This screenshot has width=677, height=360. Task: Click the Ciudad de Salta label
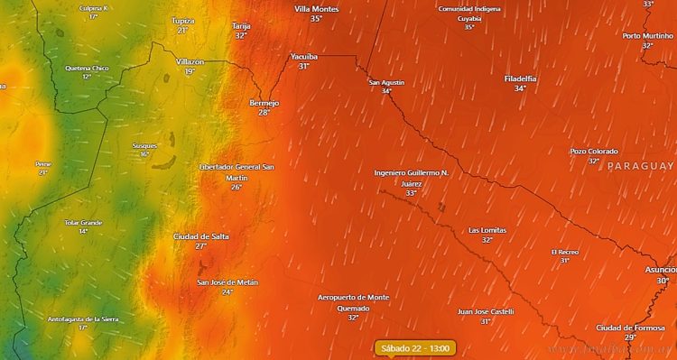point(200,235)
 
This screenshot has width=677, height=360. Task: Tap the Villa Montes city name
point(316,8)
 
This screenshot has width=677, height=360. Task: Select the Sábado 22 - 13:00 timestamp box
point(416,347)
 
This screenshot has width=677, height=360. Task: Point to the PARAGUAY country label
point(640,167)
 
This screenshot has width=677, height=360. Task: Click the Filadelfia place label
point(520,78)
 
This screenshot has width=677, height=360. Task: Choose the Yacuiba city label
point(304,56)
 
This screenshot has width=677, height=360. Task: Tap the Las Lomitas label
point(487,230)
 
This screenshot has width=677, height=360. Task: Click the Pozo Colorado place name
point(593,151)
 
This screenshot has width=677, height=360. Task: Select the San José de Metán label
point(227,282)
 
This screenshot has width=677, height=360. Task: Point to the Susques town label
point(144,145)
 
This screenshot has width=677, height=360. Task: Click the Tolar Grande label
point(83,222)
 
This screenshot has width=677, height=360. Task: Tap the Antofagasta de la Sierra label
point(83,318)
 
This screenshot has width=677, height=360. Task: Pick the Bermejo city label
point(264,103)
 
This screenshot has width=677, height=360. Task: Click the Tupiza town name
point(183,20)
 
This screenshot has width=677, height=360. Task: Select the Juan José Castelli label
point(486,311)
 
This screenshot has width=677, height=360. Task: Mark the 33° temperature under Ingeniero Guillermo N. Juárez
point(412,193)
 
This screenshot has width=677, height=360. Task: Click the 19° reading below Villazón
point(190,71)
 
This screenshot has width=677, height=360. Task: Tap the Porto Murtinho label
point(647,36)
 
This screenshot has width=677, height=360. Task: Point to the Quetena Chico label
point(87,68)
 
